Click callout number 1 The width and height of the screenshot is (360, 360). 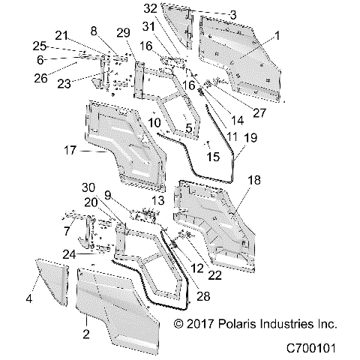[277, 34]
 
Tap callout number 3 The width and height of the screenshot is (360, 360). [212, 14]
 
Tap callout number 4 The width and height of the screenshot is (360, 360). [29, 298]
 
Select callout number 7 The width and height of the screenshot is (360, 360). [67, 230]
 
